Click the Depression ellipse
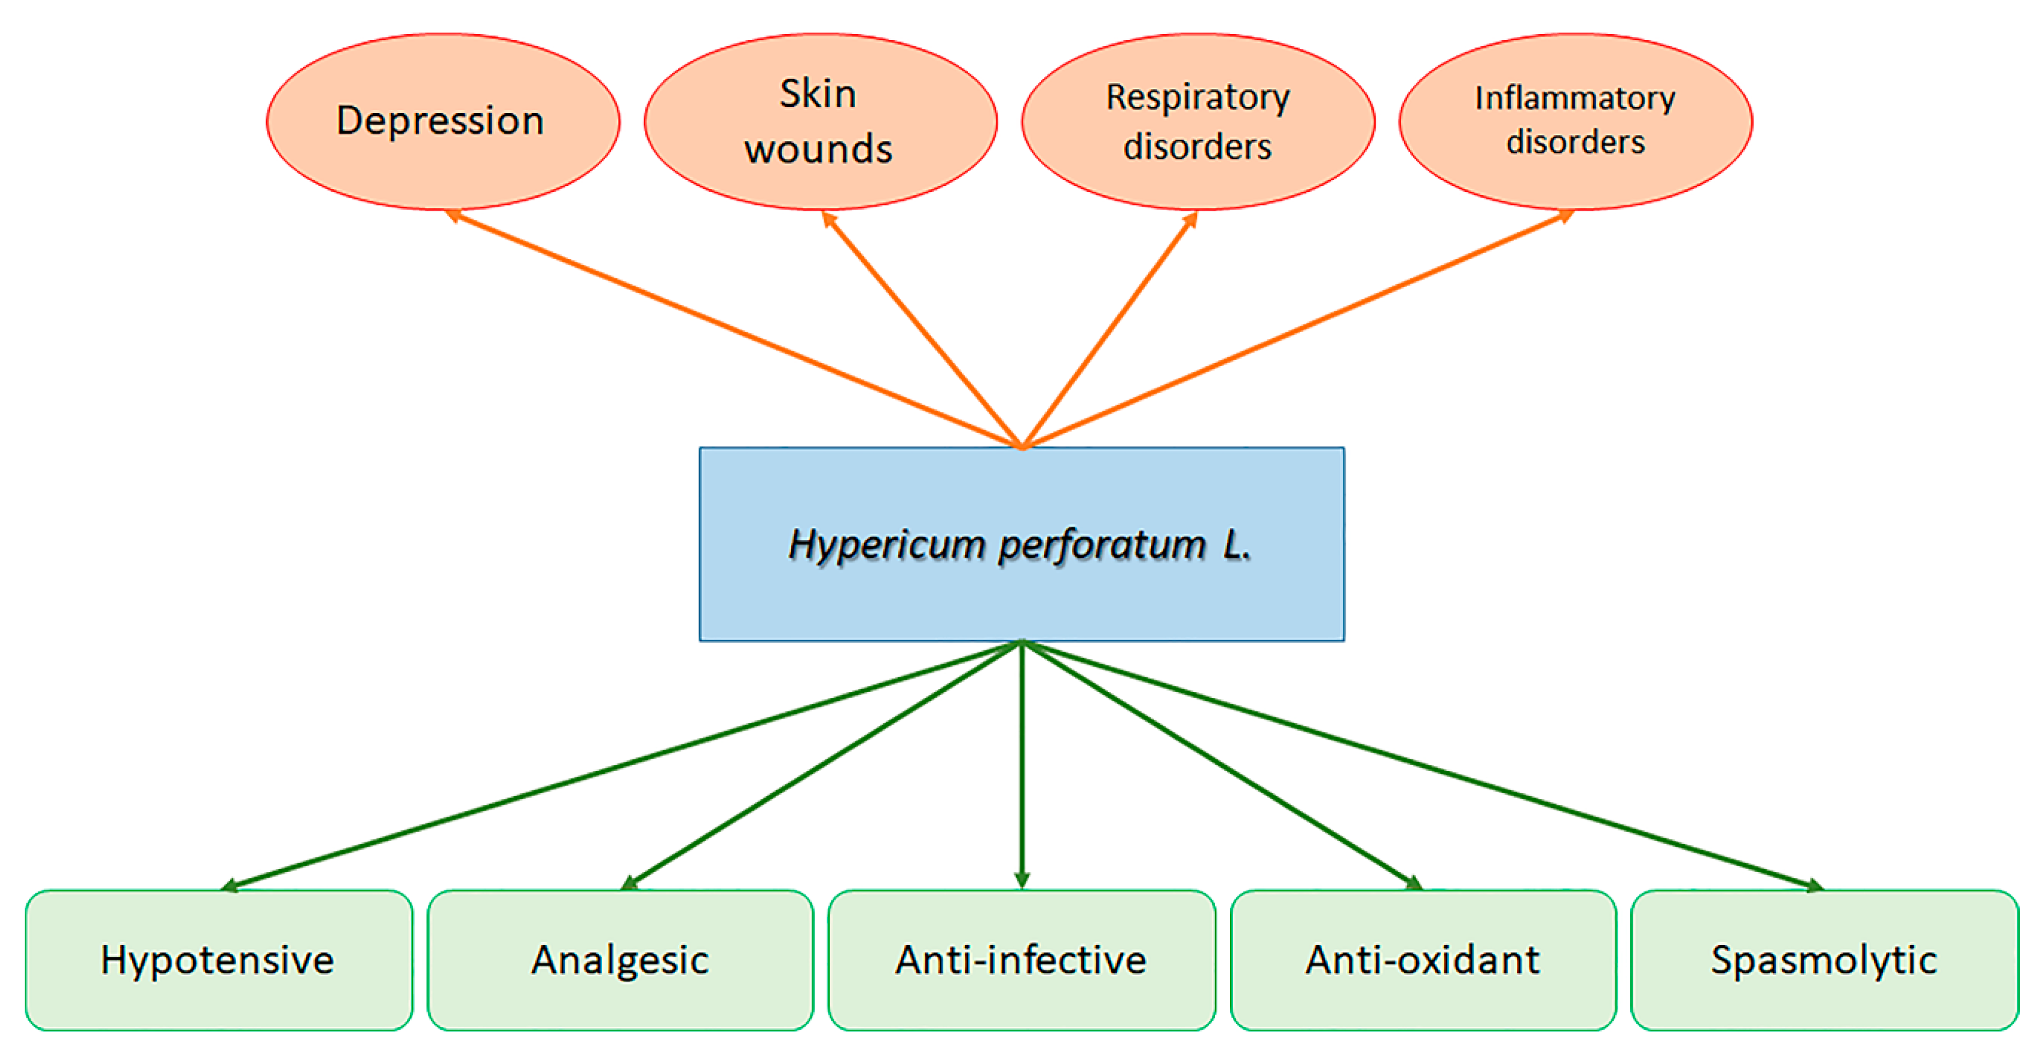coord(443,121)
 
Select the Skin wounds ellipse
coord(820,121)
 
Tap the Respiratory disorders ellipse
coord(1198,121)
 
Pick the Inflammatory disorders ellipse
coord(1575,121)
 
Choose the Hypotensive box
coord(218,960)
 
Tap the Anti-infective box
coord(1021,960)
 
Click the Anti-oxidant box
coord(1422,960)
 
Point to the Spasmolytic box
coord(1824,960)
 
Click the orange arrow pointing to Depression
coord(734,329)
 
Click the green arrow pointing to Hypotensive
coord(622,765)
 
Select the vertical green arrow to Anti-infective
coord(1022,764)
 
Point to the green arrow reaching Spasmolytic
coord(1422,765)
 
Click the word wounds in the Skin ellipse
coord(819,149)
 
